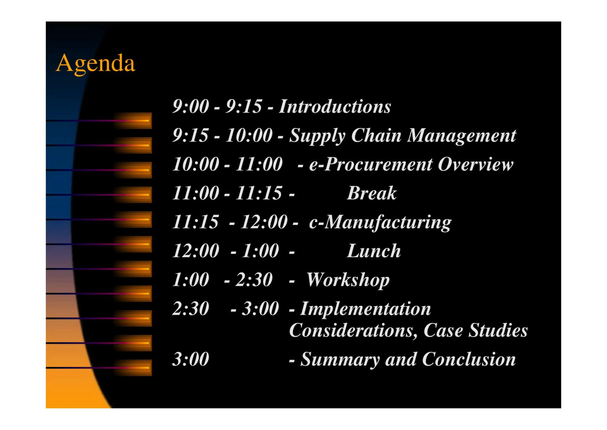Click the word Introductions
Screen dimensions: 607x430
coord(335,106)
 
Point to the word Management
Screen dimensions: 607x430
coord(462,136)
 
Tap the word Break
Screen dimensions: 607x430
coord(372,193)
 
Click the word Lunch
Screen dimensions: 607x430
coord(374,251)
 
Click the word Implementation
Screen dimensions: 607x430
coord(365,309)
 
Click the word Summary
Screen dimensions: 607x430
coord(340,360)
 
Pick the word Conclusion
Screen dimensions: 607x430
coord(469,359)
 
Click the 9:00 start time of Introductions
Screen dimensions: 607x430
coord(191,106)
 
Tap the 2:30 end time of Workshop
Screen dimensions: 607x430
coord(254,280)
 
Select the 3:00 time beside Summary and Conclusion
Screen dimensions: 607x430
coord(191,359)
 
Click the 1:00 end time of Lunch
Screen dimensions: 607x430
coord(260,251)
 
